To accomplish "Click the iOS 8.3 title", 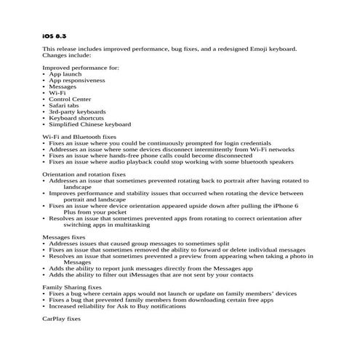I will point(55,35).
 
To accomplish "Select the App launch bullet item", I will point(66,74).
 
